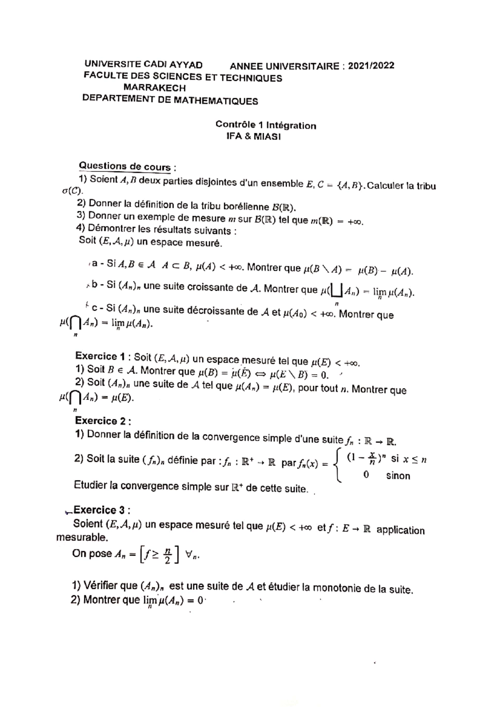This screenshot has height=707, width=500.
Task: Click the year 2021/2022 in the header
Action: click(x=371, y=66)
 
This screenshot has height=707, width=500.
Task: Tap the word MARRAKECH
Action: click(x=155, y=88)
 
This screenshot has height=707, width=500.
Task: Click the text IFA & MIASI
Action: click(x=253, y=136)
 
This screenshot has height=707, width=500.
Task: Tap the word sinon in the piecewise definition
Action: click(x=398, y=475)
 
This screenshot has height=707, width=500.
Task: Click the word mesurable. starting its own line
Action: click(x=82, y=537)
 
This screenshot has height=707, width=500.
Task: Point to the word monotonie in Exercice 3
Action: click(x=337, y=588)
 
